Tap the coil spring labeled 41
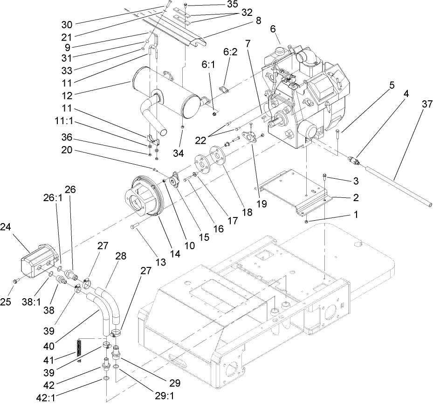point(80,349)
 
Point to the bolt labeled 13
point(135,226)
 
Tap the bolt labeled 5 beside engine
point(337,134)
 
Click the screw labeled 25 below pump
point(15,281)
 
